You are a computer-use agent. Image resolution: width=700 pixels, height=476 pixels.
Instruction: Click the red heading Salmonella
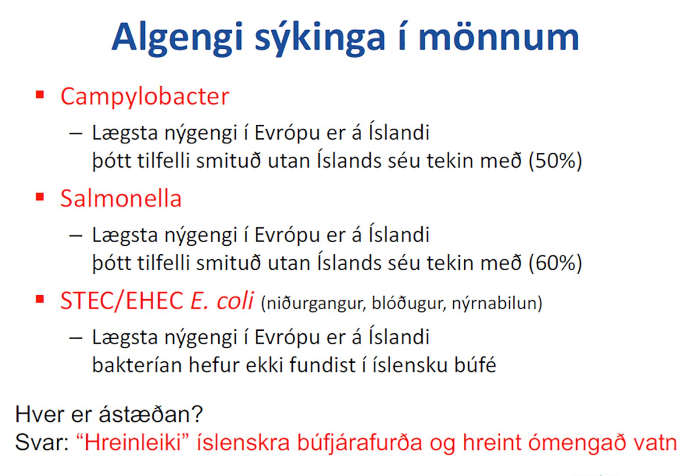point(121,198)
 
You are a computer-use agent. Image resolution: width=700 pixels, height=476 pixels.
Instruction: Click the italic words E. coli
point(221,301)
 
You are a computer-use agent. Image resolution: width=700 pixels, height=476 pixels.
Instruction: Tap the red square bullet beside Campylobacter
point(40,94)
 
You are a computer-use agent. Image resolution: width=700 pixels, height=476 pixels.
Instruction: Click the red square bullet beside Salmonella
point(40,197)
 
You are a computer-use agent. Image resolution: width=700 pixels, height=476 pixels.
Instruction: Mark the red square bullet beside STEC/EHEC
point(40,299)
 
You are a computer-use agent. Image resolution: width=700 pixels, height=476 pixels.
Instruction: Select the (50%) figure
point(555,161)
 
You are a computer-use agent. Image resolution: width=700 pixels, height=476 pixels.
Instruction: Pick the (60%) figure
point(555,263)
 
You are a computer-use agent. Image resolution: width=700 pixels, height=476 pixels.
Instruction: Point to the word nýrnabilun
point(497,304)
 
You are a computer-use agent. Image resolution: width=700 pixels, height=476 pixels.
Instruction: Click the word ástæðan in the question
point(151,414)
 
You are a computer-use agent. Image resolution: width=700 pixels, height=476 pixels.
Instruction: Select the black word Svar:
point(42,443)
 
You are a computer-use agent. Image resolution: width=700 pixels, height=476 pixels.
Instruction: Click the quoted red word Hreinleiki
point(133,442)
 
